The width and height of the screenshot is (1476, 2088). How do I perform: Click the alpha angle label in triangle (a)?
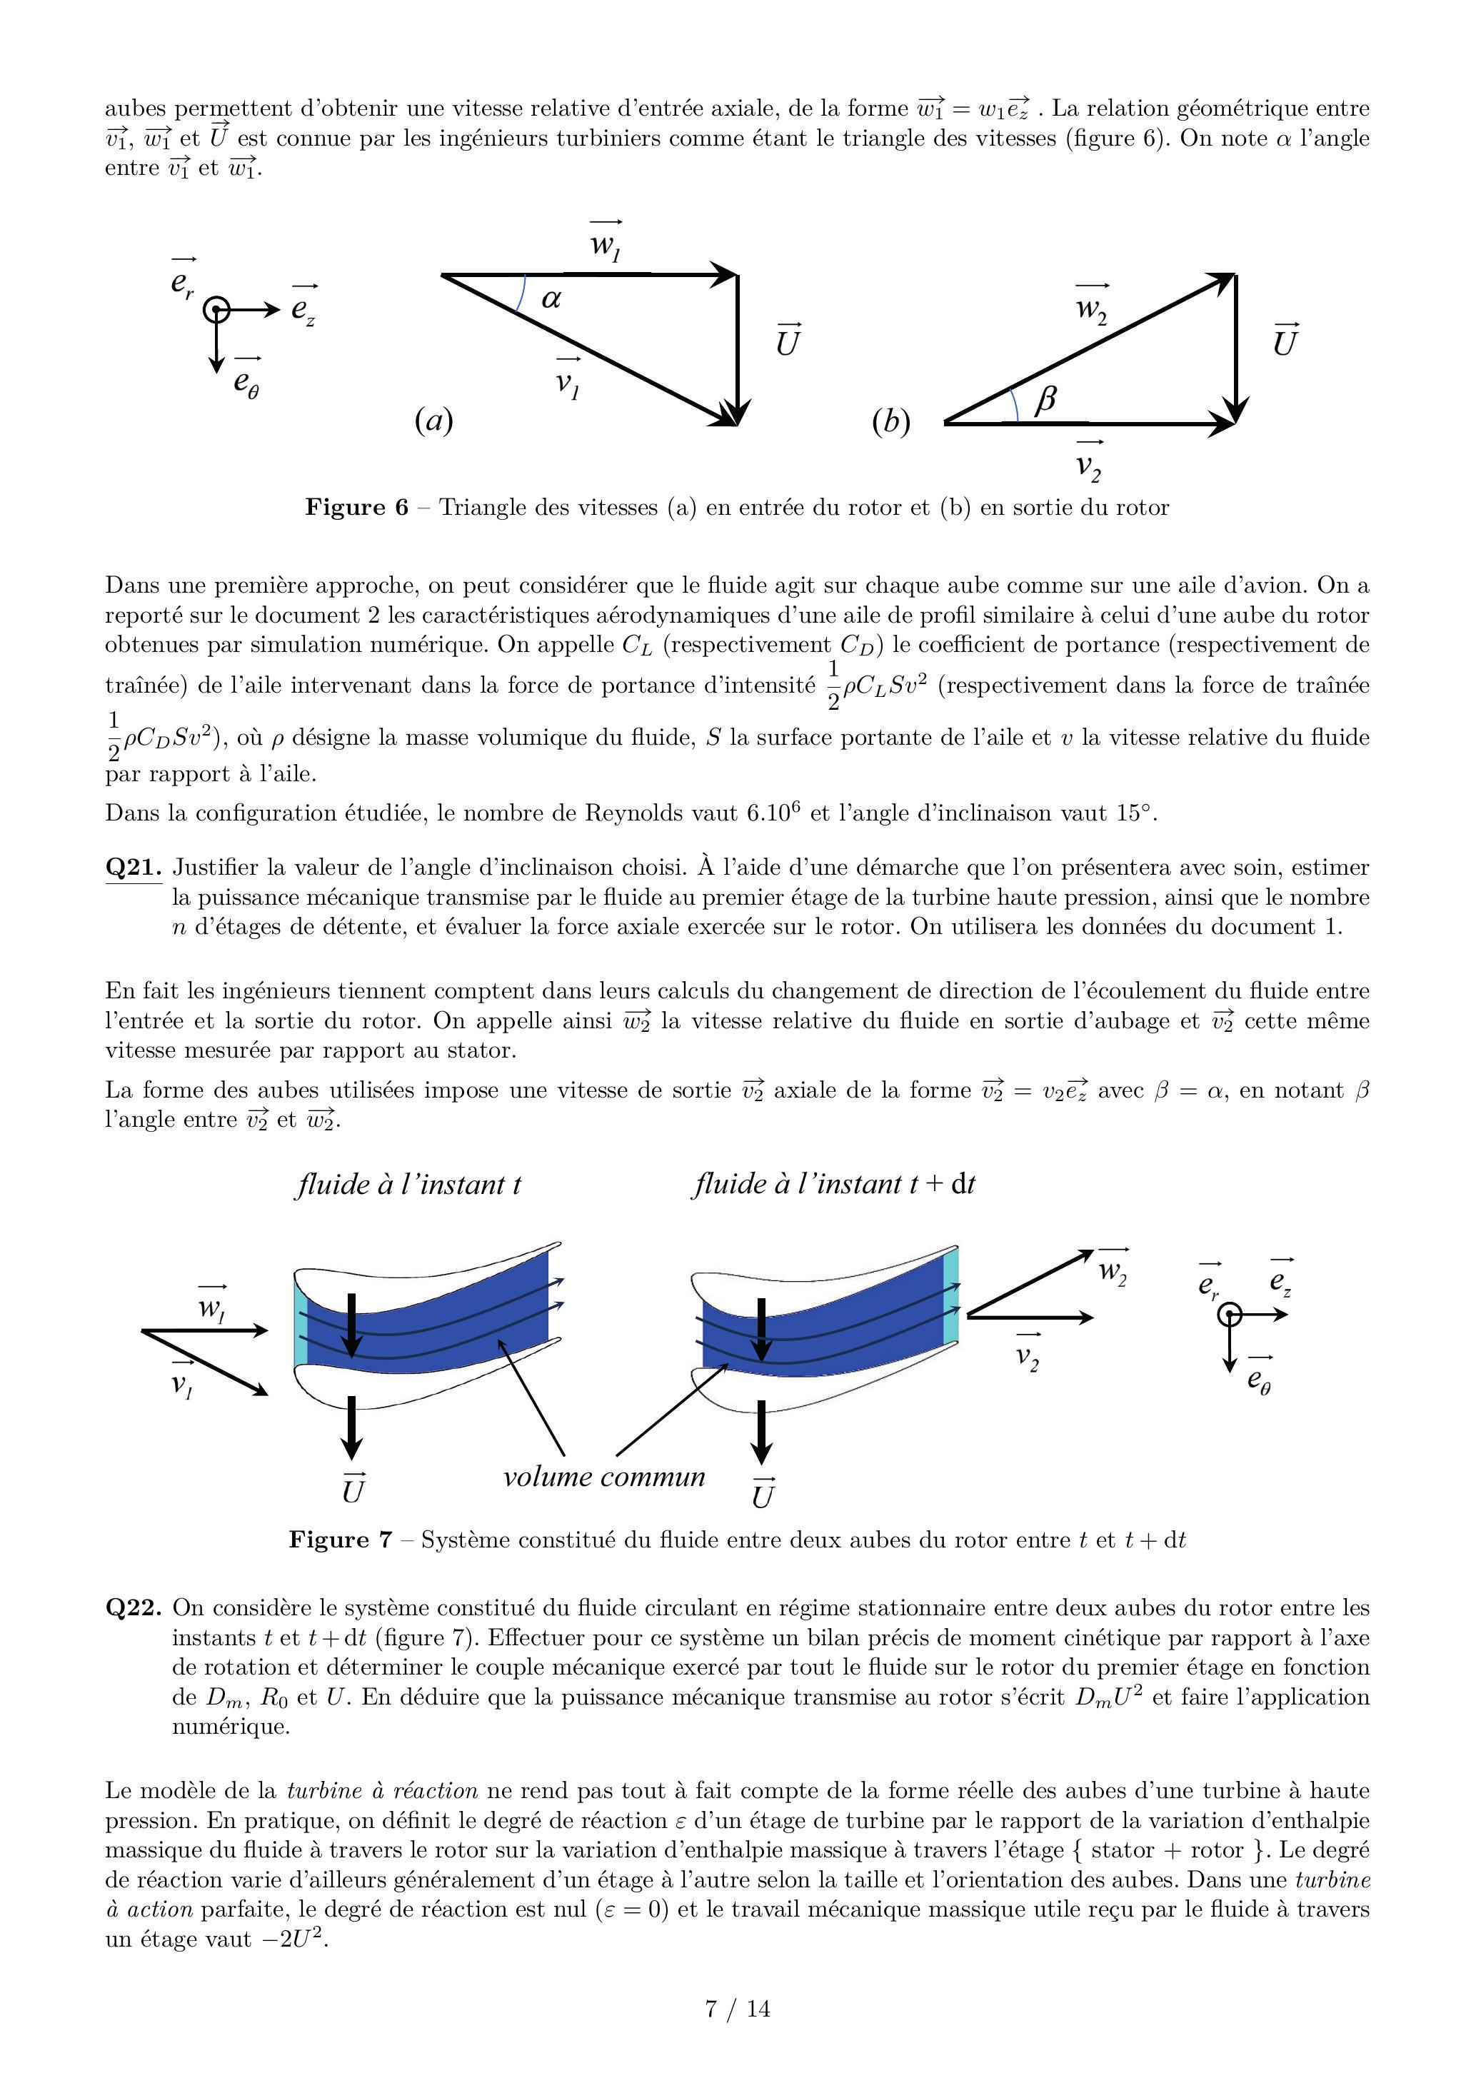point(551,297)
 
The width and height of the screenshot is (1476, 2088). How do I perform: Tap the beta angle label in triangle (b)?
point(1046,398)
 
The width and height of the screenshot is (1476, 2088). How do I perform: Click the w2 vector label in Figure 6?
point(1091,306)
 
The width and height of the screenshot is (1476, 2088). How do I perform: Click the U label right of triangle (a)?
point(788,341)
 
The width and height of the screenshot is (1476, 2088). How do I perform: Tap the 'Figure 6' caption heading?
point(356,508)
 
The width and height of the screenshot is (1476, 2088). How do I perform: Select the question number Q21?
point(134,868)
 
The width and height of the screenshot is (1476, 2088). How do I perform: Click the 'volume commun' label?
point(604,1476)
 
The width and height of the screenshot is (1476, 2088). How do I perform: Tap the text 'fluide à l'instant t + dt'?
point(834,1184)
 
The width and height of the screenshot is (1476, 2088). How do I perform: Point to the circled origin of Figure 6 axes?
point(216,310)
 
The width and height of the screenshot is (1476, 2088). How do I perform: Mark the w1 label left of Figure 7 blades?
point(212,1307)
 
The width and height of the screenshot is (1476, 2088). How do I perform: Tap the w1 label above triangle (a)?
point(606,244)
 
